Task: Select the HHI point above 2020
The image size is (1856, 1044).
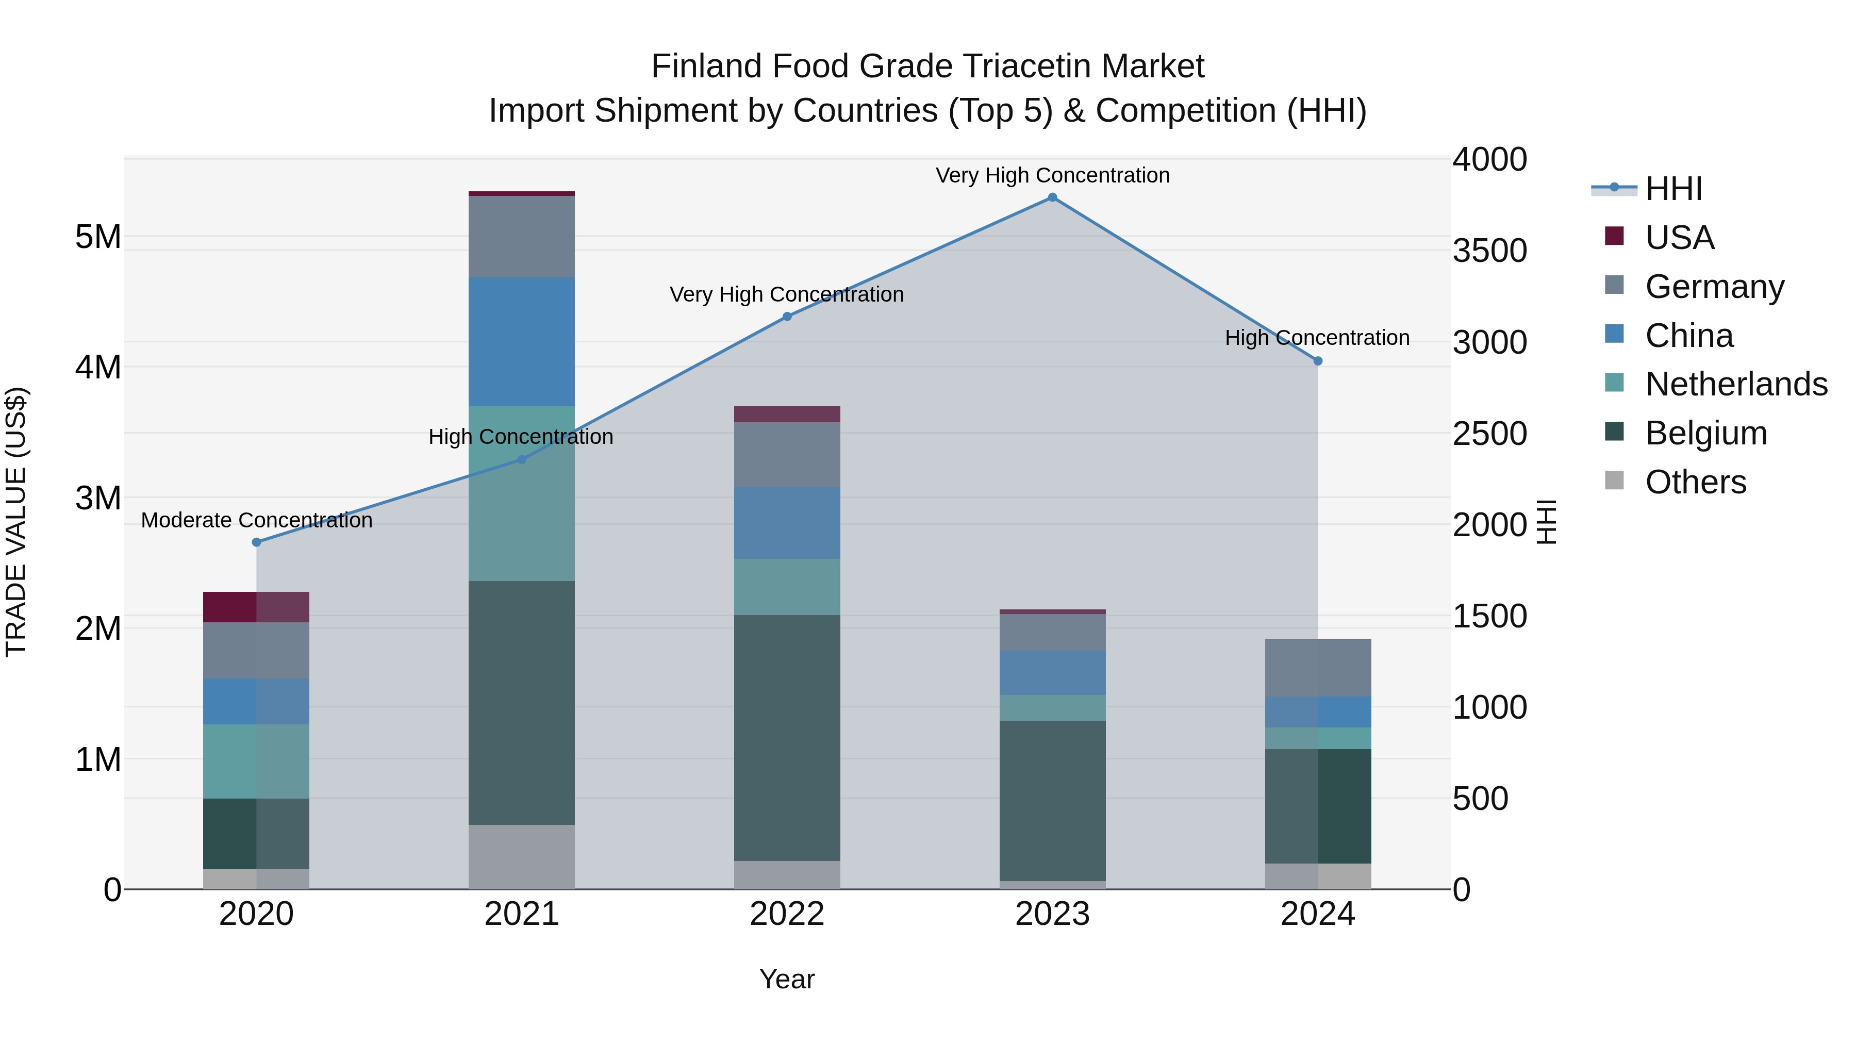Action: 257,542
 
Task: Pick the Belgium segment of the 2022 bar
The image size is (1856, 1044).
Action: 787,737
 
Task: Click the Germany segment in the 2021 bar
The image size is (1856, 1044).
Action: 522,236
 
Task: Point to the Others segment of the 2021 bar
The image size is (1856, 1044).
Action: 522,857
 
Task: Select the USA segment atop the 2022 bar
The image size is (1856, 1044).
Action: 787,415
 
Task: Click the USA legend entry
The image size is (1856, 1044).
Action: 1679,238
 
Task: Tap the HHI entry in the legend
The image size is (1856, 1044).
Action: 1673,189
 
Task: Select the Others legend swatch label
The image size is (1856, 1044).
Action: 1695,482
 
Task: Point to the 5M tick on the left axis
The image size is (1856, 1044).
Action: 98,236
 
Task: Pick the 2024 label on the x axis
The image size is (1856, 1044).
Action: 1317,914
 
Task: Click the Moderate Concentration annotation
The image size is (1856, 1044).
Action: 257,520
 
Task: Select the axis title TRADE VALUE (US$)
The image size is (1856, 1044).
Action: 16,522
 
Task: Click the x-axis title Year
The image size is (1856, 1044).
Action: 787,979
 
